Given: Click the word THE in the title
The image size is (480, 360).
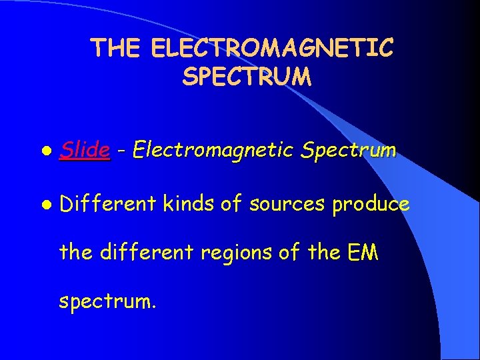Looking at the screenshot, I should coord(117,48).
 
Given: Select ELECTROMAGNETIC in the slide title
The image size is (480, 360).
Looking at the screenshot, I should coord(273,48).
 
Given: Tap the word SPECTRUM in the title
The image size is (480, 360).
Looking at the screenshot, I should coord(246,77).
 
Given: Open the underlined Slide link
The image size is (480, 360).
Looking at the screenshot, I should coord(85,151).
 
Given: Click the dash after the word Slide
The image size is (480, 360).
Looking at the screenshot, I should coord(121,152).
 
